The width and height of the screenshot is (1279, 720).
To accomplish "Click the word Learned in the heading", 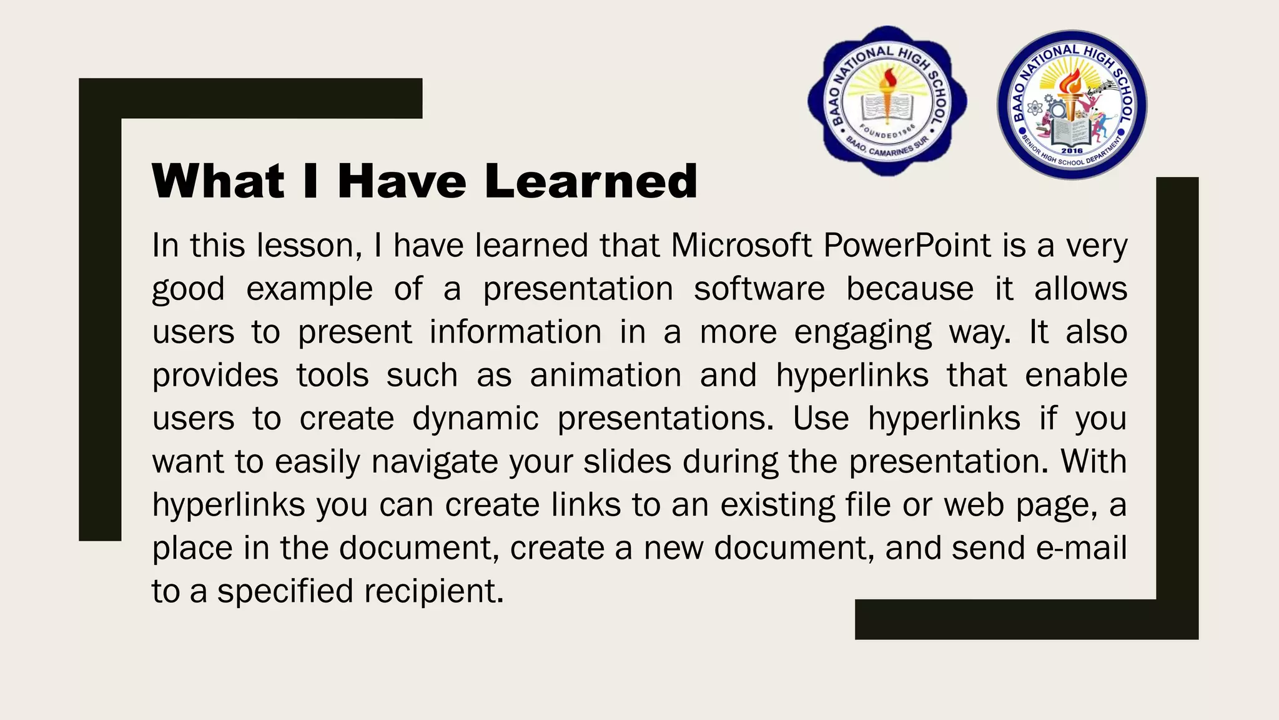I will tap(590, 181).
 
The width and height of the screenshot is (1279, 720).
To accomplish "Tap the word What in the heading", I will tap(219, 181).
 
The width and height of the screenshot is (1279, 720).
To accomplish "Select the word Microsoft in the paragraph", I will tap(741, 245).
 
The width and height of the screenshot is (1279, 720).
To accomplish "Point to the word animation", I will tap(606, 375).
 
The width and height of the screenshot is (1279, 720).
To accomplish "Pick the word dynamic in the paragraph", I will tap(475, 418).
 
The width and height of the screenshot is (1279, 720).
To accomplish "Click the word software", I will tap(759, 289).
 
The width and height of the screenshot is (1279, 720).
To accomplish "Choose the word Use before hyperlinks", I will tap(821, 418).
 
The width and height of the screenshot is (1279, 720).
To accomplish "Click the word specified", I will tap(285, 591).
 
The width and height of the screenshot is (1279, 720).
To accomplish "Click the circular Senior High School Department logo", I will tap(1072, 105).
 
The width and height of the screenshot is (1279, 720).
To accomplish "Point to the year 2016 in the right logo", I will tap(1072, 151).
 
